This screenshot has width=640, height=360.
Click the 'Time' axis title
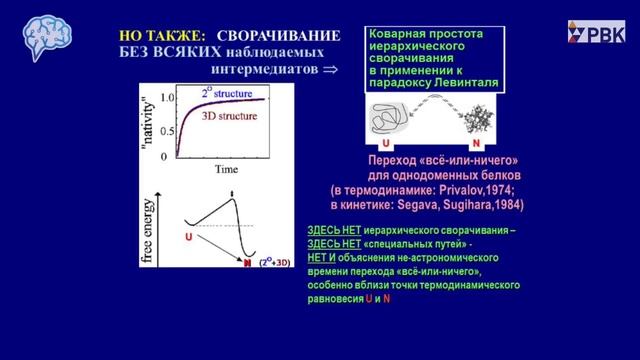[x=226, y=171]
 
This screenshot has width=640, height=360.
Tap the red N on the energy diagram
[x=247, y=263]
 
